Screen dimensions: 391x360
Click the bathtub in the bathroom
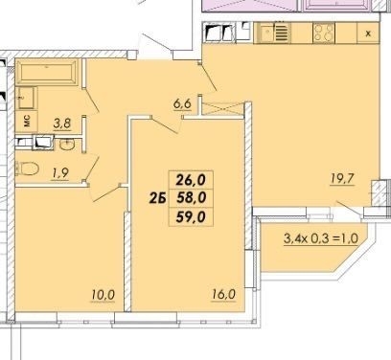47,72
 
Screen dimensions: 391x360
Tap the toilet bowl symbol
27,169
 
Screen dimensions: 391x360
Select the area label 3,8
62,124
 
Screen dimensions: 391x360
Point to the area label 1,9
59,173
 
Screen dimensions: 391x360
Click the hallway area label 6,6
182,104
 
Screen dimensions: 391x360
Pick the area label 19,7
342,179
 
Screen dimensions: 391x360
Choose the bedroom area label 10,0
103,295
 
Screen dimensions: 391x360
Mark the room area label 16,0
223,294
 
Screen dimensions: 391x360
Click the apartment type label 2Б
157,198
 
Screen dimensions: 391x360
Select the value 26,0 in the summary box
191,180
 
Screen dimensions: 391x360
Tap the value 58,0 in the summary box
191,198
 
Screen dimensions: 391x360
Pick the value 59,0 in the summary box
191,217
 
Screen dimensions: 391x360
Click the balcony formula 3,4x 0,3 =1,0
321,238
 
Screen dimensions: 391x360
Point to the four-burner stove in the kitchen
324,33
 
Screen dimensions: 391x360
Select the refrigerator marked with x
368,34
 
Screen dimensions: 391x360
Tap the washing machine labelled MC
27,122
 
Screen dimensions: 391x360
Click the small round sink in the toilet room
67,145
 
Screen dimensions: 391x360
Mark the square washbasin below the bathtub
26,98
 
